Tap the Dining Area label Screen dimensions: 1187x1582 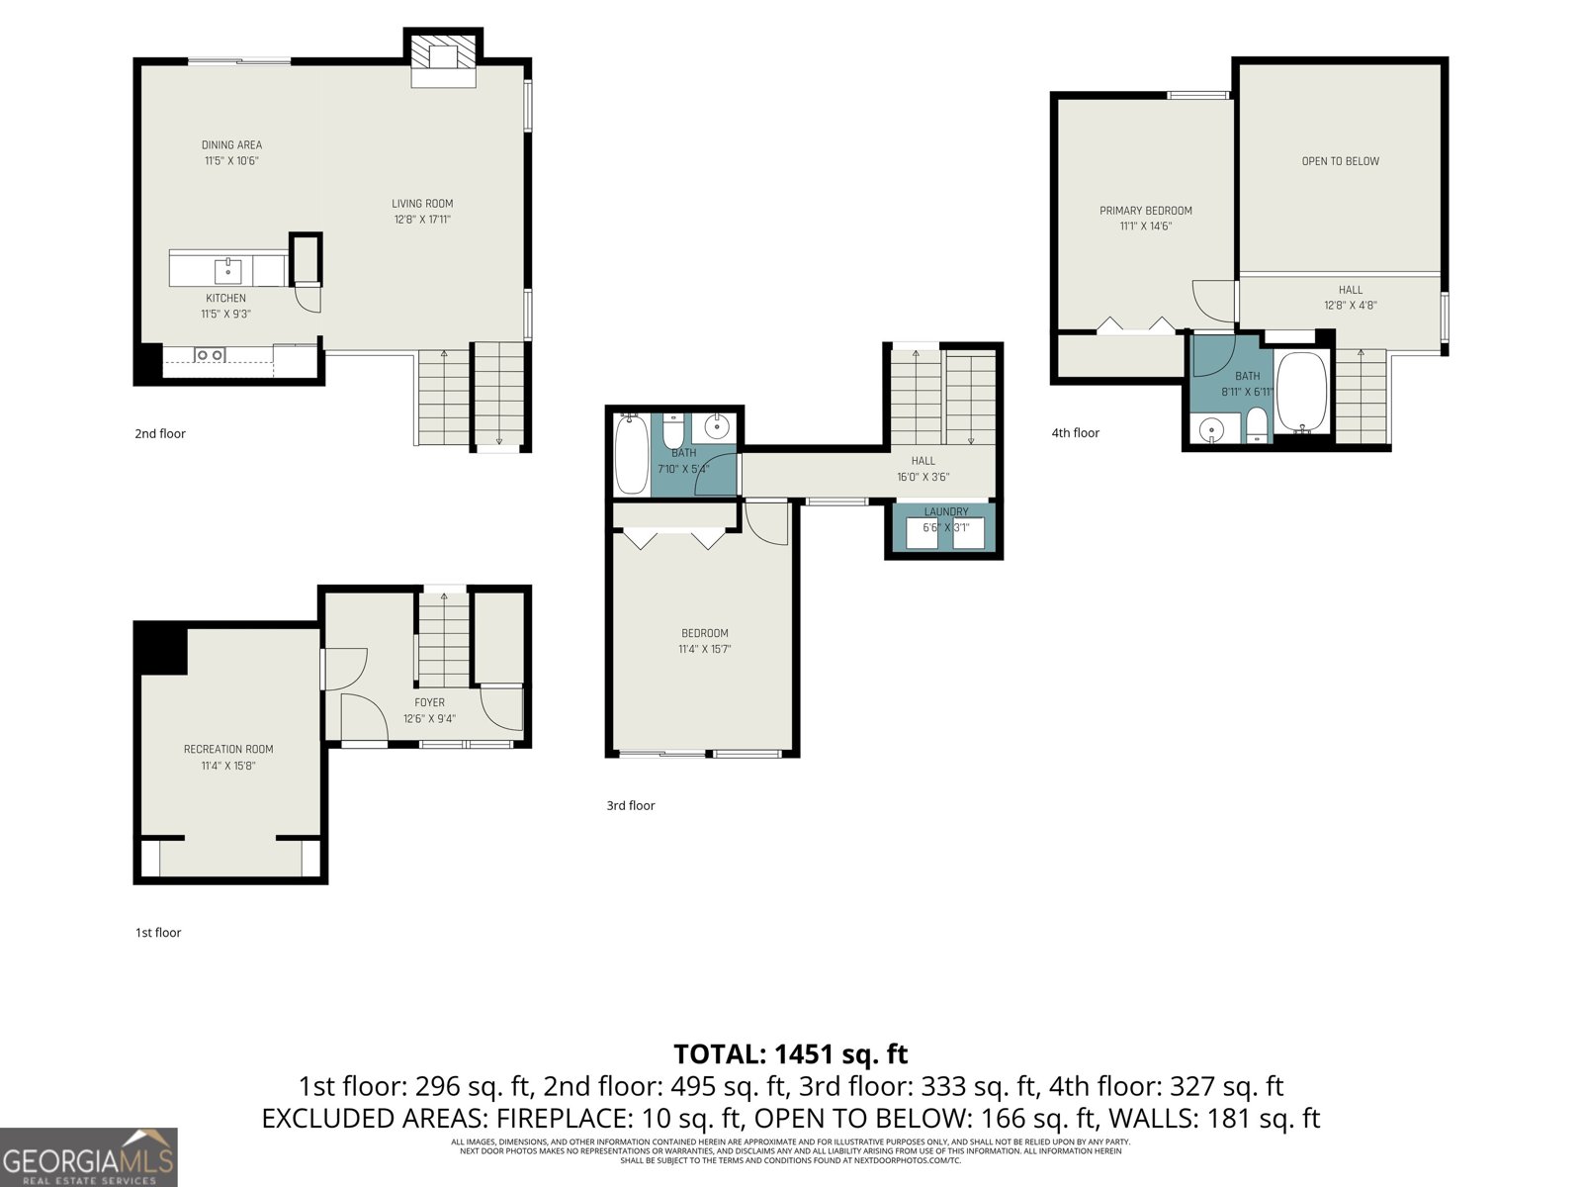coord(232,145)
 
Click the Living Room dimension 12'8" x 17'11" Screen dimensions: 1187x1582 coord(422,220)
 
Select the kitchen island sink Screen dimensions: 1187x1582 coord(228,268)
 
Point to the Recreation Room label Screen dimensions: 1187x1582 coord(228,750)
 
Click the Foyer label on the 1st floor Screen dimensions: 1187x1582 coord(429,702)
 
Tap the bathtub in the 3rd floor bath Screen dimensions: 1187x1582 coord(631,455)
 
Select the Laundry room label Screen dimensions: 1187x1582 coord(946,511)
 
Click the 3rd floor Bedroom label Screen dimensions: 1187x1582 coord(704,633)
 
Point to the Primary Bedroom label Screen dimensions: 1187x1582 coord(1146,211)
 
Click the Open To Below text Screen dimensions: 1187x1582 coord(1340,161)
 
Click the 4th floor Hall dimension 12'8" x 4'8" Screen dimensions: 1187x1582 coord(1351,306)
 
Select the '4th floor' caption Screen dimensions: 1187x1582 coord(1075,433)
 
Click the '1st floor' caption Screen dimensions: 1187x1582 coord(158,933)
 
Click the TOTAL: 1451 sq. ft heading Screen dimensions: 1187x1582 coord(790,1054)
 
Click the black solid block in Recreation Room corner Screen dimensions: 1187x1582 coord(160,648)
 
